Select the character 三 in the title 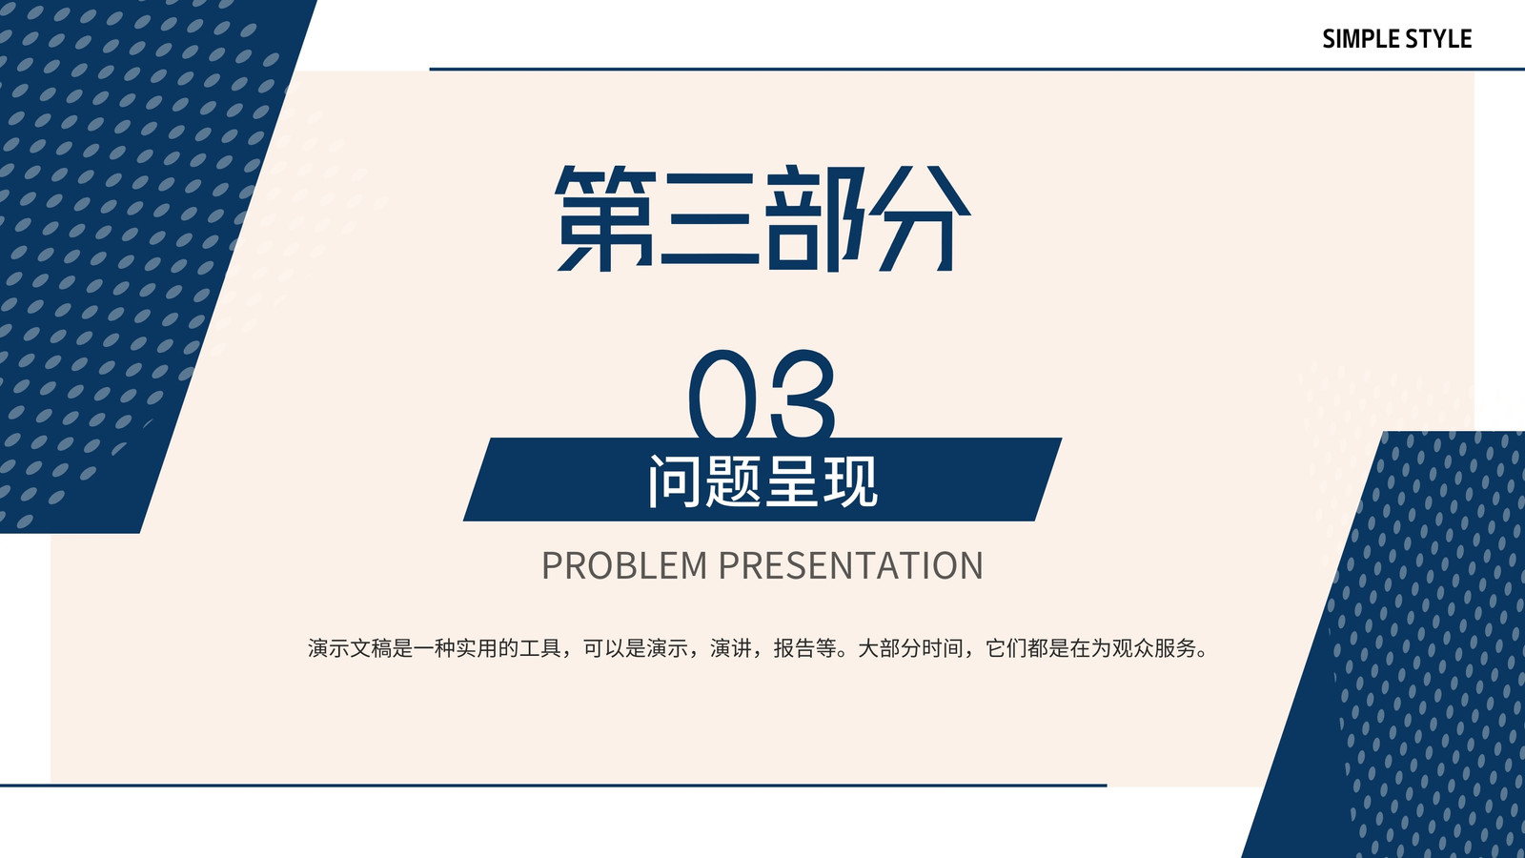pos(709,218)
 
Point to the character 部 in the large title pos(814,218)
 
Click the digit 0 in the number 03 pos(722,394)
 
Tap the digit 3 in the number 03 pos(799,394)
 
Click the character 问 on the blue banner pos(674,480)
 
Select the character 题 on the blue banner pos(733,480)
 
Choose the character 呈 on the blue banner pos(792,480)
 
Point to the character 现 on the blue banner pos(850,480)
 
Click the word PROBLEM pos(624,565)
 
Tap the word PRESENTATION pos(851,565)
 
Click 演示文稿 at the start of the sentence pos(350,648)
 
